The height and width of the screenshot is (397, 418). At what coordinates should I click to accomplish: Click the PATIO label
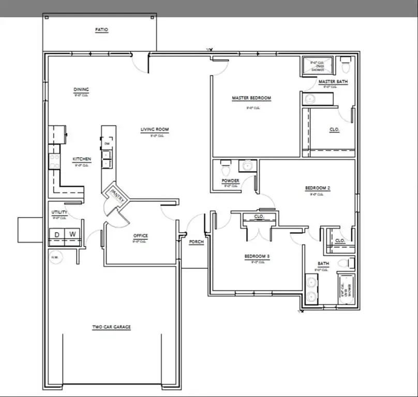(101, 30)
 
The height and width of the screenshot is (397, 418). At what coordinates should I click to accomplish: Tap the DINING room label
(81, 89)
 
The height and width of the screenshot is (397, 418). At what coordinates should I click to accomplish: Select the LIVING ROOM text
(155, 130)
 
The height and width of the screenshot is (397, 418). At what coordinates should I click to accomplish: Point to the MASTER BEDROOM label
(251, 98)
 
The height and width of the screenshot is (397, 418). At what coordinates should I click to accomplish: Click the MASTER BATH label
(333, 82)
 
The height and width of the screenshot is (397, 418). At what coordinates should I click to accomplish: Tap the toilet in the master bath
(346, 66)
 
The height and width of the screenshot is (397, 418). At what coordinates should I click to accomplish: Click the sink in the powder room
(248, 166)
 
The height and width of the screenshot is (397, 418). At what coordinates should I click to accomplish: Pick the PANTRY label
(114, 192)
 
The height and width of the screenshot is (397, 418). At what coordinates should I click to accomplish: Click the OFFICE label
(140, 236)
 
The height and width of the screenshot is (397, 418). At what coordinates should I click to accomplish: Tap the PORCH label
(196, 242)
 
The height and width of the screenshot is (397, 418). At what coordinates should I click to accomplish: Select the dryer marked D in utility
(57, 235)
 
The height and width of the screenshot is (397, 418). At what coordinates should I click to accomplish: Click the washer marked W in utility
(73, 235)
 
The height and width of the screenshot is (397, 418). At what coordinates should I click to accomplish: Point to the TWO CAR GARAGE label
(111, 327)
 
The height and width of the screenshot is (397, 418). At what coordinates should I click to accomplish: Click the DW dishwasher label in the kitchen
(107, 144)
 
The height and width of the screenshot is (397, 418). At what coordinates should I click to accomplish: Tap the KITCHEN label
(82, 159)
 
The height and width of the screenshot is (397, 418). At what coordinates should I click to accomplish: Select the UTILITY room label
(59, 212)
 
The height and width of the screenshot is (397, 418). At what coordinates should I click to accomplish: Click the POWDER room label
(230, 180)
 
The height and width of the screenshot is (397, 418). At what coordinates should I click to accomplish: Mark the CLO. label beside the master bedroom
(334, 129)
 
